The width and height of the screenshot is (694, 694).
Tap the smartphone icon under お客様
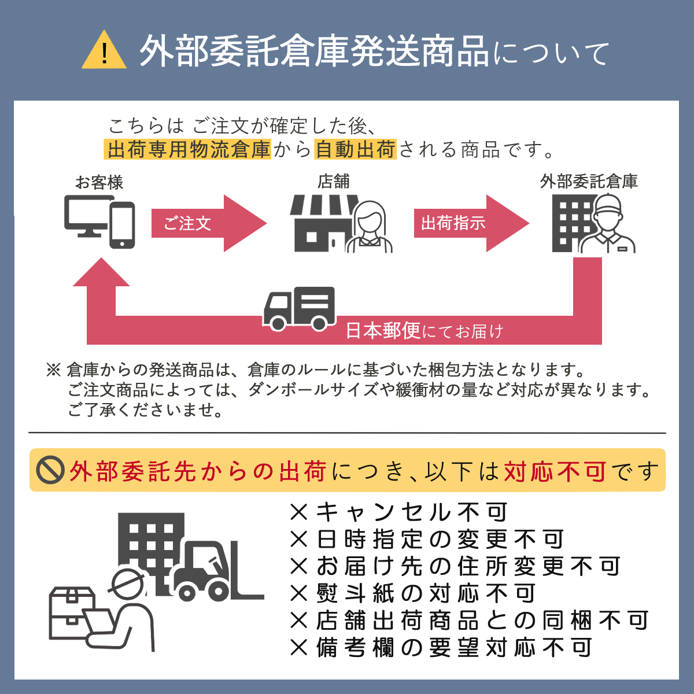tap(122, 226)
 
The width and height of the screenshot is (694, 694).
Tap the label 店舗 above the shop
tap(334, 182)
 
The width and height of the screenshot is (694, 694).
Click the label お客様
tap(99, 183)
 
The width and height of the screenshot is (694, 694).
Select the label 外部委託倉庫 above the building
tap(589, 182)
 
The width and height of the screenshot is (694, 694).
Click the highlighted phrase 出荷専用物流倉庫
tap(189, 150)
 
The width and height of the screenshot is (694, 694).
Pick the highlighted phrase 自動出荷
tap(355, 150)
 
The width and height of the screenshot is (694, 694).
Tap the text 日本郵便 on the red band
tap(383, 331)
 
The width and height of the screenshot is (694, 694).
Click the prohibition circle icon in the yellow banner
tap(50, 470)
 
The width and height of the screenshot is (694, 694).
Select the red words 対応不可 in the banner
tap(555, 471)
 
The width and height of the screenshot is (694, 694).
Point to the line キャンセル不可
tap(399, 512)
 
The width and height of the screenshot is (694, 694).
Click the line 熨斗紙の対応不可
tap(413, 593)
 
